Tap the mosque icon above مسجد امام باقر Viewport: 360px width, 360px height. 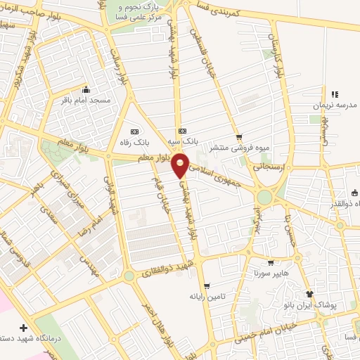pos(86,89)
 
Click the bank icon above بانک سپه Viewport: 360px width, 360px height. pos(183,130)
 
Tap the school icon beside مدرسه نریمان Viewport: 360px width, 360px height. pos(335,94)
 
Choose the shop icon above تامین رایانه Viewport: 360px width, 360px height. pos(206,285)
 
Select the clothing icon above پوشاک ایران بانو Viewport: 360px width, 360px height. pos(308,294)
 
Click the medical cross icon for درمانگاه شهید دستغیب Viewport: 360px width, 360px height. pos(25,328)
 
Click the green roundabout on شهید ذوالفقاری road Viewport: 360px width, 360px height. pos(129,276)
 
